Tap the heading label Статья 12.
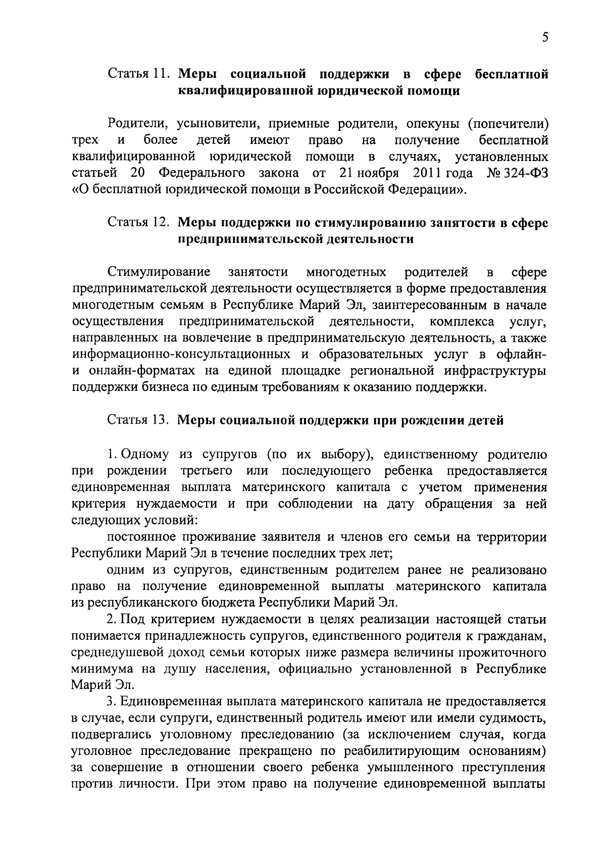(x=137, y=223)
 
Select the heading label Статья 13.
(x=137, y=420)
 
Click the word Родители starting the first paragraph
(x=133, y=124)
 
